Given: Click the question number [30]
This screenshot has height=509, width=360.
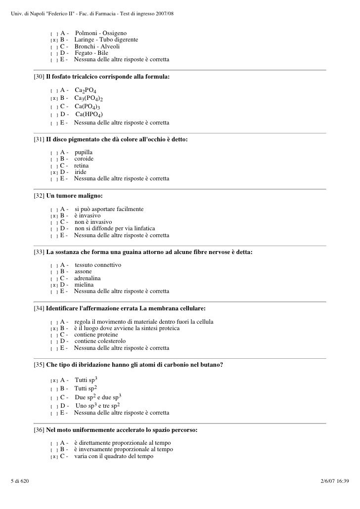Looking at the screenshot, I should coord(39,78).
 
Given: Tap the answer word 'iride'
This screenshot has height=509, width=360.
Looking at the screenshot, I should coord(80,172).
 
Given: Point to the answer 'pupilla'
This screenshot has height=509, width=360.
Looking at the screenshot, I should coord(84,152).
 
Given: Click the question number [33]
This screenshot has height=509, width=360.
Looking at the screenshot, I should coord(39,253).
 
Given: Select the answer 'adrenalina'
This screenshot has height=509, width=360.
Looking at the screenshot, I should coord(87,278).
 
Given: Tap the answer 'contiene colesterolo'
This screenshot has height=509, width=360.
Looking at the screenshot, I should coord(100,341).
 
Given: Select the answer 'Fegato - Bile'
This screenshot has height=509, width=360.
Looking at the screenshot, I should coord(91,53).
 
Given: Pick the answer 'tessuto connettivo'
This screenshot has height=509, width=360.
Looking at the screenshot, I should coord(98,265).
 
